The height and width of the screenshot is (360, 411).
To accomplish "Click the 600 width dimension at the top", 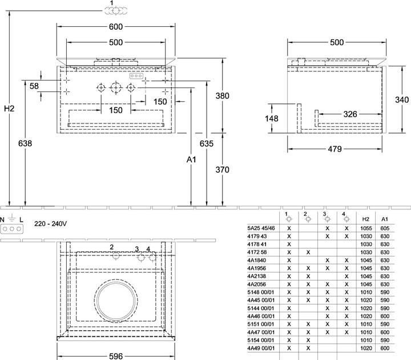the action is coord(115,27).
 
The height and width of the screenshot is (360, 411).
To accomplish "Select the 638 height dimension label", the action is coord(25,143).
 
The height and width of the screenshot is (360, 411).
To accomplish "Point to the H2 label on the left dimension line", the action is coord(9,109).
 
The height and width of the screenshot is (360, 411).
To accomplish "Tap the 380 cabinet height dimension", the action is coord(222,96).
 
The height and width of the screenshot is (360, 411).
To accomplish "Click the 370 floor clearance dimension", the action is coord(222,170).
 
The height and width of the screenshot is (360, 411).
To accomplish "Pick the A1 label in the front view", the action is coord(191,159).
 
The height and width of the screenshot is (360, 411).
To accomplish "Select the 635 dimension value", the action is coord(207,143).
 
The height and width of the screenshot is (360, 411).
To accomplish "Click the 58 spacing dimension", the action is coord(34,86).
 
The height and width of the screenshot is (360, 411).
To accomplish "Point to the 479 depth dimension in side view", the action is coord(335,149).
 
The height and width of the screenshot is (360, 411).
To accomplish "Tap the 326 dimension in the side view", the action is coord(350,114).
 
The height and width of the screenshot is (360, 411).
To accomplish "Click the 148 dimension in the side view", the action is coord(271,119).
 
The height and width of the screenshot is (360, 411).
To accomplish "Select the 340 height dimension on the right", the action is coord(402,99).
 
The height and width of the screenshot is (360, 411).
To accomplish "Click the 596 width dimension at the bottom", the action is coord(115,356).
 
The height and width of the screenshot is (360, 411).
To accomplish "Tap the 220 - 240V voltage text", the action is coord(50,223).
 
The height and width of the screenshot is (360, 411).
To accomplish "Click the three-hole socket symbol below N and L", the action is coord(12,229).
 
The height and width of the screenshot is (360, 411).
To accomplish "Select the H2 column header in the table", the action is coord(366,219).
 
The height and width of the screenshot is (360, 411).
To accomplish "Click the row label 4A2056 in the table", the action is coord(257,284).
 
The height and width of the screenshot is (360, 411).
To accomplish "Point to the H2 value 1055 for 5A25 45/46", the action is coord(366,228).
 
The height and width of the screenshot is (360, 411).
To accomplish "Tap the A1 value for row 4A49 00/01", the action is coord(385,348).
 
